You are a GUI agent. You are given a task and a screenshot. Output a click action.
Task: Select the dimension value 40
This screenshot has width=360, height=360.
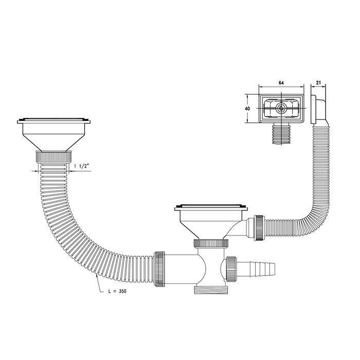click(x=247, y=109)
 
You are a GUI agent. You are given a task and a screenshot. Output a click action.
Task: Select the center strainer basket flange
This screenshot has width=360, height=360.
click(x=211, y=208)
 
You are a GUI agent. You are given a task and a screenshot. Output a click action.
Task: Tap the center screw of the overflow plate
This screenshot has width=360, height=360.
click(x=281, y=110)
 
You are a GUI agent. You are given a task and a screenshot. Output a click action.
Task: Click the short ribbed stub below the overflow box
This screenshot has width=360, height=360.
click(x=282, y=135)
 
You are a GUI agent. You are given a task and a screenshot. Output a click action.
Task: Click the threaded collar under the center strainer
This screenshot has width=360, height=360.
click(x=211, y=243)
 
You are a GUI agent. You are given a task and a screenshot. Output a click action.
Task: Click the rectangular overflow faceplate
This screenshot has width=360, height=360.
click(x=281, y=110)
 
